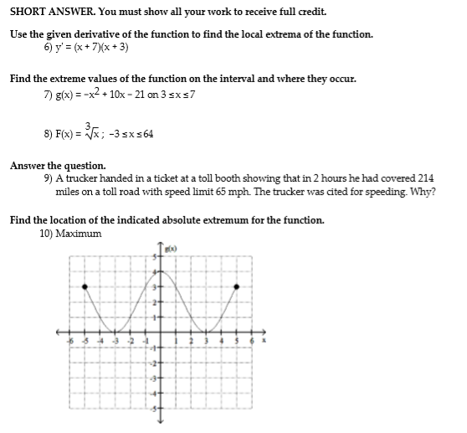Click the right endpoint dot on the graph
coord(236,286)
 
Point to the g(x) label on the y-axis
coord(170,250)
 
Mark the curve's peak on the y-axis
coord(159,271)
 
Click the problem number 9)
coord(48,178)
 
